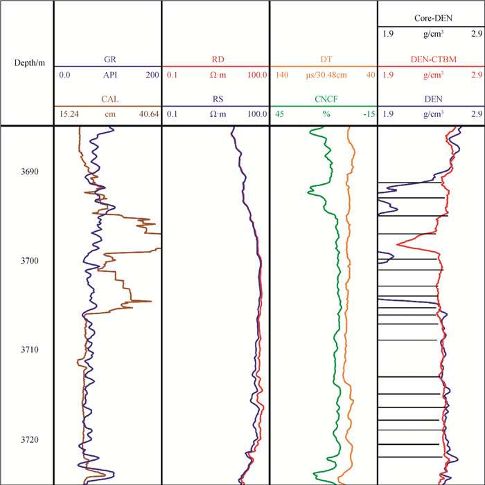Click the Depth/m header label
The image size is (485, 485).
(x=27, y=63)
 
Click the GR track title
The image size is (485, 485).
(x=107, y=60)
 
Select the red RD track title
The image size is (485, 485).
(x=215, y=60)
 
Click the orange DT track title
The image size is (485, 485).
(x=323, y=60)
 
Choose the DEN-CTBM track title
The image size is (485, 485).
(x=431, y=60)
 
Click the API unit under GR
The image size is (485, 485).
(x=107, y=74)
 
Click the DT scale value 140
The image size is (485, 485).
(x=279, y=74)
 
